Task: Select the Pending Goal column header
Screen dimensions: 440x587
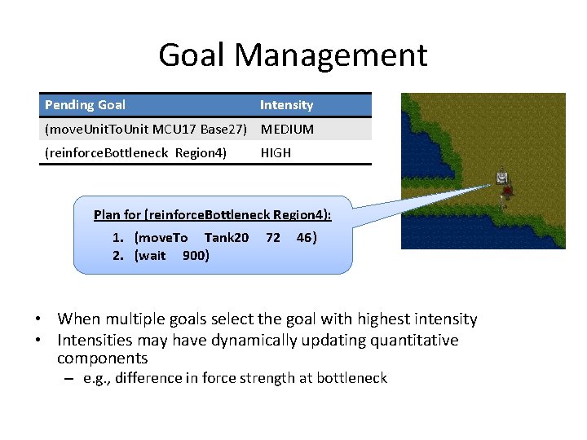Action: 85,105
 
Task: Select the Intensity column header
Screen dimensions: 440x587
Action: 286,105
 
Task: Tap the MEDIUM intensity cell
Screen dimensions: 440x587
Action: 287,129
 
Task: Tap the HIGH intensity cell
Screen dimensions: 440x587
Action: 276,152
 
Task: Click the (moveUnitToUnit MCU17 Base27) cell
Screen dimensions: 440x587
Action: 146,129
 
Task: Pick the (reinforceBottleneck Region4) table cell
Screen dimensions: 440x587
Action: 135,152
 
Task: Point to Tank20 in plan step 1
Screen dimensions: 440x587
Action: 227,238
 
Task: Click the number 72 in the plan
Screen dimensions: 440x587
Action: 273,238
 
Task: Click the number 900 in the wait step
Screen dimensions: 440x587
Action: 194,256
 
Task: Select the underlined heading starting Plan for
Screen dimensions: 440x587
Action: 213,215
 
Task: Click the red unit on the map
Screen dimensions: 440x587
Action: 508,191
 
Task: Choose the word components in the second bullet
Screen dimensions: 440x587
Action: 102,359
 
